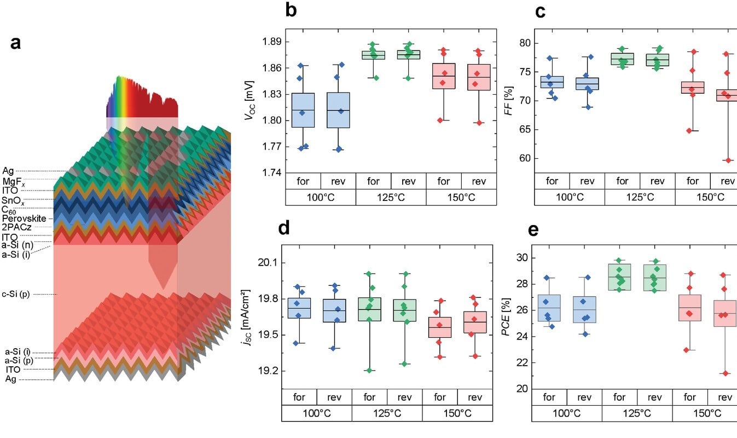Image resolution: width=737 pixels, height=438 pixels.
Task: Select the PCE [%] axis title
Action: [508, 321]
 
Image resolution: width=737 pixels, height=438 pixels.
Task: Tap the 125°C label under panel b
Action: [391, 197]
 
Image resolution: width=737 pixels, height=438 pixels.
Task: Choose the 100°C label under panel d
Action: [316, 413]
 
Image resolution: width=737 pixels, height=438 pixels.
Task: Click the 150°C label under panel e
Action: [707, 413]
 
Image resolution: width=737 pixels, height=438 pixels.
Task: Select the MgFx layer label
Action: [15, 181]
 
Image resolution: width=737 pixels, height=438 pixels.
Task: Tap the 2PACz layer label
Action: [16, 227]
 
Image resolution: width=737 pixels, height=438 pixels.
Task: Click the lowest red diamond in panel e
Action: [725, 373]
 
